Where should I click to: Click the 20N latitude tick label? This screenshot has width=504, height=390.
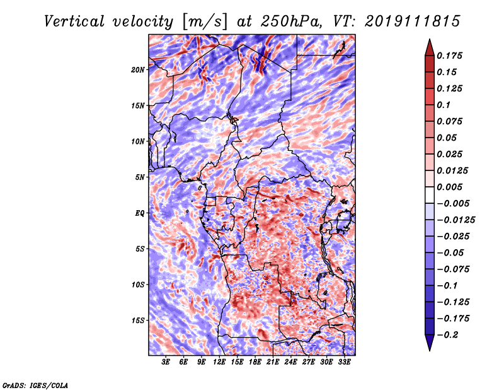point(138,70)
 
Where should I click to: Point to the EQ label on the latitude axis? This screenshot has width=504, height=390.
point(139,213)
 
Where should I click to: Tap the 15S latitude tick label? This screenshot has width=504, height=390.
point(138,321)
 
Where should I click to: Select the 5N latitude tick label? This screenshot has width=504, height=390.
point(140,177)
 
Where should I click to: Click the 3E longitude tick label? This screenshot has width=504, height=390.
point(166,362)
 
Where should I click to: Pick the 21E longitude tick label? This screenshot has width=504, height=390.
point(273,362)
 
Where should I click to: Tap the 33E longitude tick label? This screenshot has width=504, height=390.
point(344,362)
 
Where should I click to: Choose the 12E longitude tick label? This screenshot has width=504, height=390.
point(219,362)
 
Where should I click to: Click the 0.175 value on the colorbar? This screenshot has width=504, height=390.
point(449,56)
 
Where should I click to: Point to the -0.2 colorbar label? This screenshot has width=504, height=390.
point(447,335)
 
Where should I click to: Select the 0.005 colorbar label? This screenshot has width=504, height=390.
point(449,187)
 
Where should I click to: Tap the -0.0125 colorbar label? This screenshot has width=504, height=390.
point(455,220)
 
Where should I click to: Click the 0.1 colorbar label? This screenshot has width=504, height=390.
point(444,105)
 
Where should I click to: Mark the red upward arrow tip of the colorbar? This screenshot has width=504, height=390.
point(430,39)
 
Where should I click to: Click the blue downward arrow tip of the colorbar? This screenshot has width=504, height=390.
point(430,350)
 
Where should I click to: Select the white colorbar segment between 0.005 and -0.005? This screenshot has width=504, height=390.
point(430,195)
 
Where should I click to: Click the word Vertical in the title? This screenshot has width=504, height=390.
point(74,21)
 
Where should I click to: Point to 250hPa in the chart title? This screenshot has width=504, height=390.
point(290,21)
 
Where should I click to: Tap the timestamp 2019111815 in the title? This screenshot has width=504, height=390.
point(413,21)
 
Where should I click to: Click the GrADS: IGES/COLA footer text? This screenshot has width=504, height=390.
point(35,386)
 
